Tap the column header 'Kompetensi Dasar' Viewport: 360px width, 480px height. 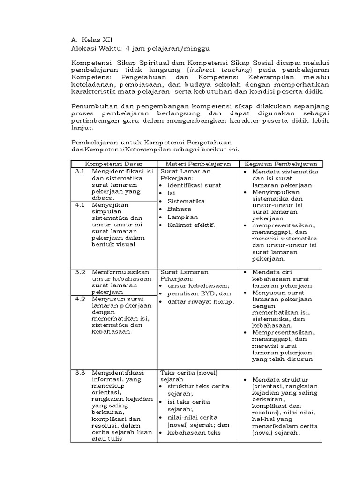coord(113,164)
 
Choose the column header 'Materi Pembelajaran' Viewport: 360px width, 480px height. coord(198,164)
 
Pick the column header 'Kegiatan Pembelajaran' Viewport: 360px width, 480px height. coord(280,164)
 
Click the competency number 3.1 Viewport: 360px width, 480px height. coord(80,172)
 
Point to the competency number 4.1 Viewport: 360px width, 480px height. coord(80,204)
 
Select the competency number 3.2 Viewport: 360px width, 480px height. coord(80,272)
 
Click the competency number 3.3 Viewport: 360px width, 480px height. coord(80,373)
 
